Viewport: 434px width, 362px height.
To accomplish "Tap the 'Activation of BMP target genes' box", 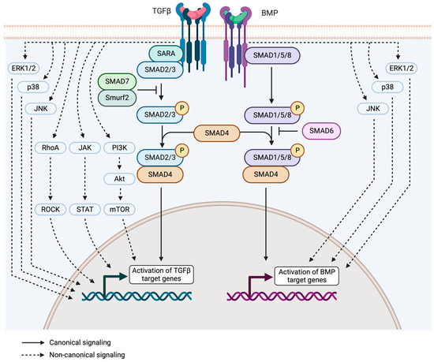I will [x=310, y=277].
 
